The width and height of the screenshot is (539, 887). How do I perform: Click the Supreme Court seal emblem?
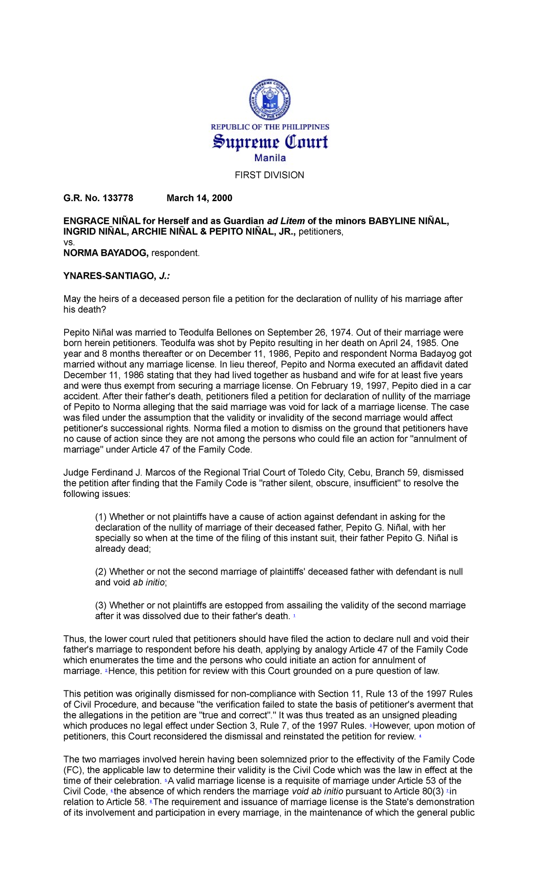point(269,99)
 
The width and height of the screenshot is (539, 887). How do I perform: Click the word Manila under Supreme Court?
point(270,158)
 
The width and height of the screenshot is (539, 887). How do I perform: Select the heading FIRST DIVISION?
point(269,175)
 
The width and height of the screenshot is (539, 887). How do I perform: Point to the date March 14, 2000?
point(199,198)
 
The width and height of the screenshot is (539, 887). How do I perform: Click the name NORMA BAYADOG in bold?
point(106,253)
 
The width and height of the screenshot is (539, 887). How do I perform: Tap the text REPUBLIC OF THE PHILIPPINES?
point(270,127)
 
